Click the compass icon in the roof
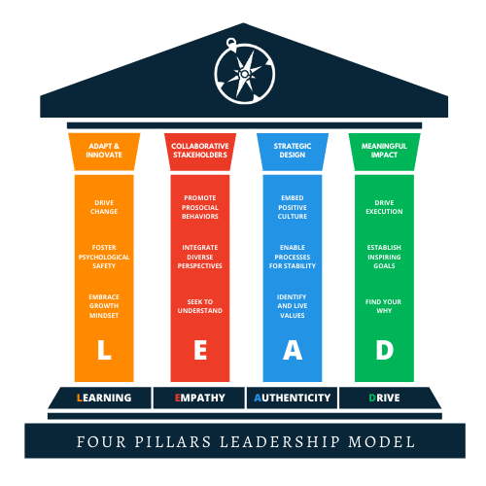[245, 71]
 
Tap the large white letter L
[104, 350]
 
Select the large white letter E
[200, 350]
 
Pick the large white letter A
[293, 350]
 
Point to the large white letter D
[385, 350]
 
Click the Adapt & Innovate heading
[104, 151]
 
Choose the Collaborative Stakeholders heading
[200, 151]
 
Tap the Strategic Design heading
[293, 151]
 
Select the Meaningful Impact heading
[384, 151]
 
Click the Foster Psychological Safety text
[104, 257]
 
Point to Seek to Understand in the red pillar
[200, 306]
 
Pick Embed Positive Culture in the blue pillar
[293, 207]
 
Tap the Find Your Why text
[384, 306]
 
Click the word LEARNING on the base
[104, 398]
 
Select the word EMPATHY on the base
[200, 398]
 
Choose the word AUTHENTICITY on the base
[293, 398]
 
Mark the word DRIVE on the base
[384, 398]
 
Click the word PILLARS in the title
[173, 442]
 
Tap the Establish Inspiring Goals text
[384, 257]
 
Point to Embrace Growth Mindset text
[104, 306]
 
